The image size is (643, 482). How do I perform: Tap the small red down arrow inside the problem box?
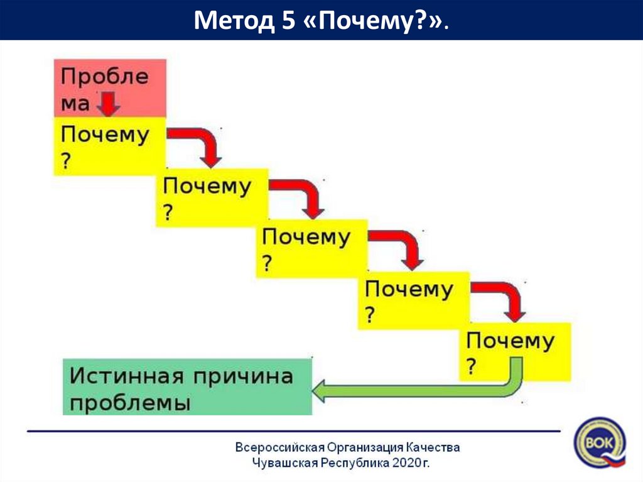[109, 104]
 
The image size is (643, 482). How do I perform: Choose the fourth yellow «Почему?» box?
[413, 300]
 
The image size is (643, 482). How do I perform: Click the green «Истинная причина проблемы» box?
[187, 386]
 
